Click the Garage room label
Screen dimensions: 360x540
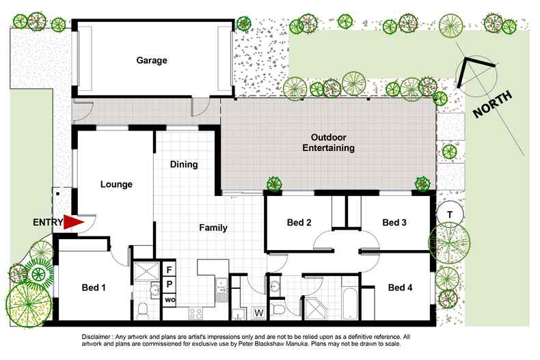(x=151, y=60)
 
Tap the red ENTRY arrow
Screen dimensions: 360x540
(x=73, y=222)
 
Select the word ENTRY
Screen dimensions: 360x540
(x=47, y=223)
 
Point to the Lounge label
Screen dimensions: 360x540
(x=116, y=184)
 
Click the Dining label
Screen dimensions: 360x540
(x=184, y=164)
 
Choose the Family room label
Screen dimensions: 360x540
(x=213, y=227)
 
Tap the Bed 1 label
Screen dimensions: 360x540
(x=94, y=288)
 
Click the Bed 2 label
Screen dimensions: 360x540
(x=299, y=223)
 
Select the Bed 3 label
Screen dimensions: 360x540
(x=394, y=223)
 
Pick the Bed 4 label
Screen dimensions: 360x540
(x=400, y=288)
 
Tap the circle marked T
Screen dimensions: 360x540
(x=449, y=214)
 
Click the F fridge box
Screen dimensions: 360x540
(x=169, y=269)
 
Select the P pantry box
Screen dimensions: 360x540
(x=169, y=284)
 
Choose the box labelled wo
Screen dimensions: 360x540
(x=169, y=299)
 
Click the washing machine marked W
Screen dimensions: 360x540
(x=259, y=313)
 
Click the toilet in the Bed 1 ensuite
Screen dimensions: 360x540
(x=143, y=311)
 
